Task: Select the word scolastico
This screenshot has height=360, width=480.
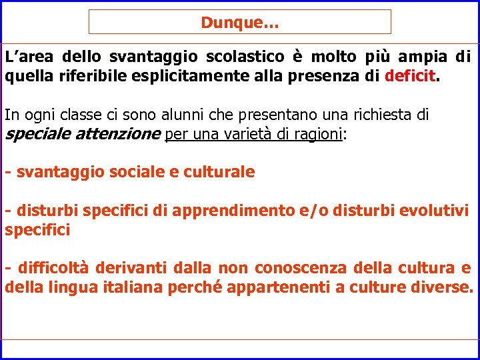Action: pos(243,57)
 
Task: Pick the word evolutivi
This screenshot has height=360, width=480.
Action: pos(435,211)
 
